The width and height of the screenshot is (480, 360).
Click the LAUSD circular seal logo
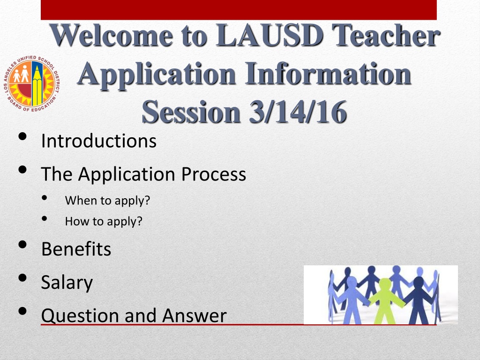31,84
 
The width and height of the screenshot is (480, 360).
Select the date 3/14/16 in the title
298,112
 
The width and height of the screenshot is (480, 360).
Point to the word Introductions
99,141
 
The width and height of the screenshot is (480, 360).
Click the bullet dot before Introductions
22,136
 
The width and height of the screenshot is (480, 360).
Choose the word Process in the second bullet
214,174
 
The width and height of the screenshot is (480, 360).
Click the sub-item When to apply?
107,201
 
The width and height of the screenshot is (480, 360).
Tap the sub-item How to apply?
104,221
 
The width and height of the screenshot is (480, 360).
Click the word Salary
67,282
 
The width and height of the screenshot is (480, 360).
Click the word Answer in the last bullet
195,315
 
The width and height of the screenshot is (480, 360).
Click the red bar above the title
239,10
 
